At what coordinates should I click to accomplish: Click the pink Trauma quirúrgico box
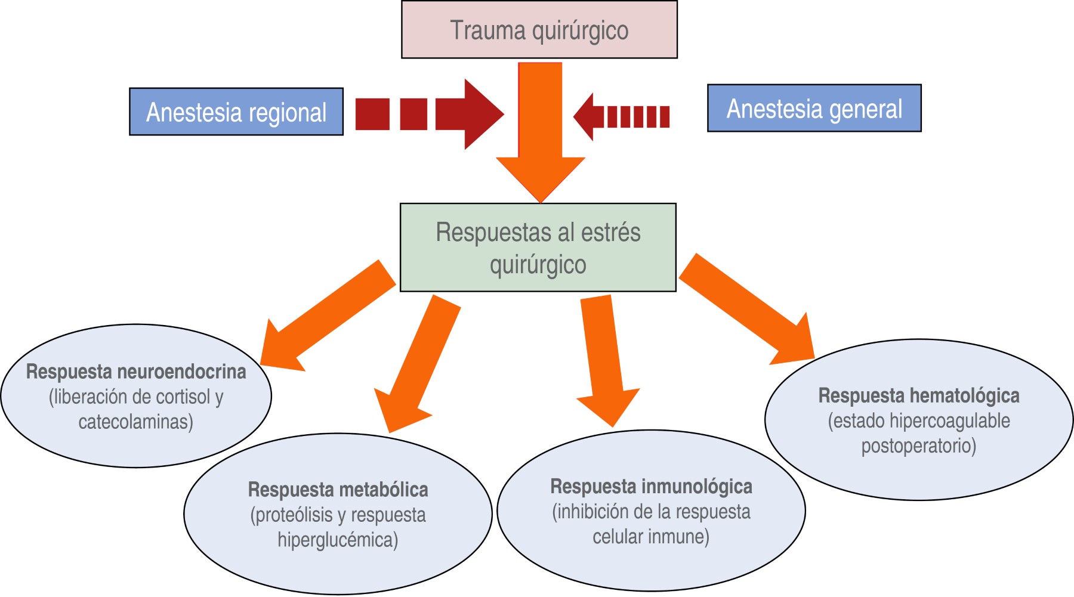pyautogui.click(x=539, y=30)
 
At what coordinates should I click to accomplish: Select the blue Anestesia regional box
pyautogui.click(x=236, y=112)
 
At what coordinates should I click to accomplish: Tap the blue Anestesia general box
pyautogui.click(x=814, y=109)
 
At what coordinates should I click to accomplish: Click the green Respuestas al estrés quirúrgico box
pyautogui.click(x=538, y=248)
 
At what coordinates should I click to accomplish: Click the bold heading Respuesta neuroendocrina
pyautogui.click(x=136, y=372)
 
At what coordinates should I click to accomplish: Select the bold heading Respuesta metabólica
pyautogui.click(x=338, y=490)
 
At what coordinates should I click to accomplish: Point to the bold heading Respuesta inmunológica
pyautogui.click(x=651, y=487)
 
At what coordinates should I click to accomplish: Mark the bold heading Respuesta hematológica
pyautogui.click(x=918, y=395)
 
